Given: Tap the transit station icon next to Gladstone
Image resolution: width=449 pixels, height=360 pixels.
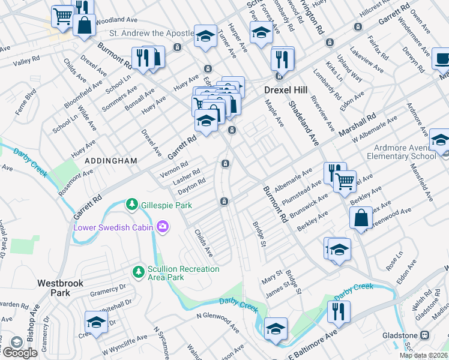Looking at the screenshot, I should point(425,335).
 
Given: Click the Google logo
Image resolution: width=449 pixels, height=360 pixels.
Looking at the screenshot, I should point(20,352).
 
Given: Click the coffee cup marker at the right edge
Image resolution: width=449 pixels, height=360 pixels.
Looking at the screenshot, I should point(442,60).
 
